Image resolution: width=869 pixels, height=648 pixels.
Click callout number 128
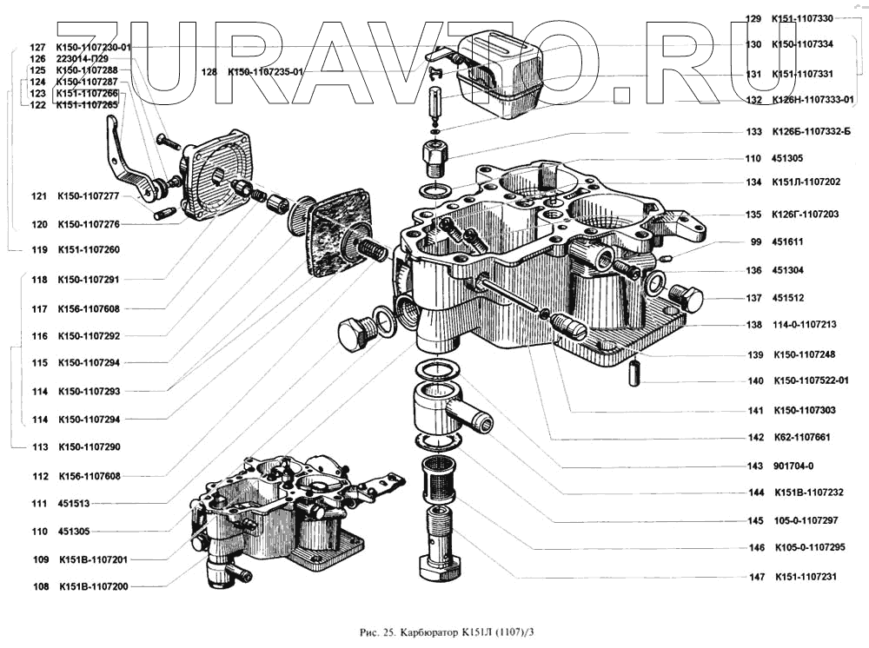208,72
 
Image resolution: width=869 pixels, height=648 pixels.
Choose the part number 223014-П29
83,59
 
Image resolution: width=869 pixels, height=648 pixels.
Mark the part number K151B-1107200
93,586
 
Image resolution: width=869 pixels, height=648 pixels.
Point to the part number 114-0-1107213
804,325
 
